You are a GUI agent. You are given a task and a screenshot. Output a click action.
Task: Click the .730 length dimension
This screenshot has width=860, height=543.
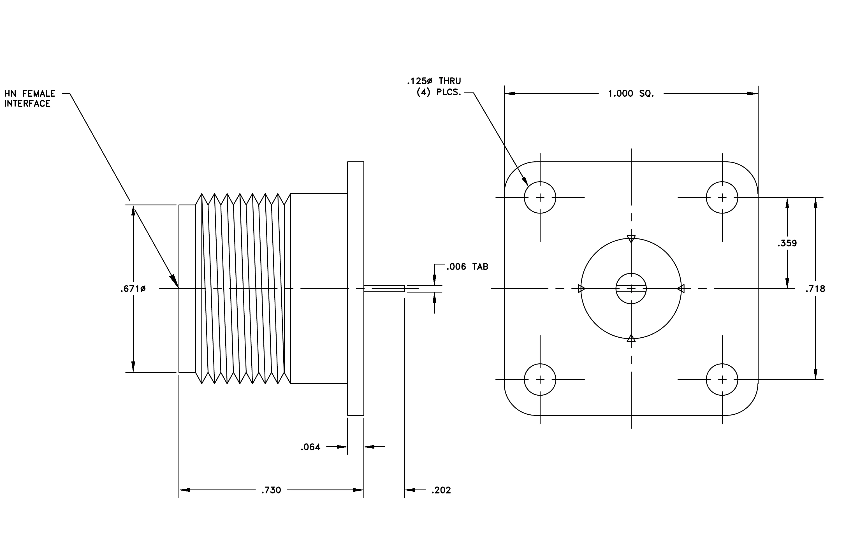coord(271,490)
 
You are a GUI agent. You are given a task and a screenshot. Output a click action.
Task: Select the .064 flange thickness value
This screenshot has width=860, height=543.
coord(310,447)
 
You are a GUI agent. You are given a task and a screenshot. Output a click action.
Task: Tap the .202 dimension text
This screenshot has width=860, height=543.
coord(441,490)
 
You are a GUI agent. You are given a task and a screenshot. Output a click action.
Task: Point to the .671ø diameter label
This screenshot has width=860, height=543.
coord(133,289)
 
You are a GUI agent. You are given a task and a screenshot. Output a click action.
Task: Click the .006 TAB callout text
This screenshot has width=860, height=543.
coord(467,267)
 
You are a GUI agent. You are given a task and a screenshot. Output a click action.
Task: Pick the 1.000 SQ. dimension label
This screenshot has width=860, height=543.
coord(631,94)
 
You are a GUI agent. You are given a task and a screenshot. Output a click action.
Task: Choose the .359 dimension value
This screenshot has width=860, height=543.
coord(787,243)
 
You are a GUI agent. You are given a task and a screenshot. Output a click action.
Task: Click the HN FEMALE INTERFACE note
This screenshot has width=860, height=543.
coord(30,99)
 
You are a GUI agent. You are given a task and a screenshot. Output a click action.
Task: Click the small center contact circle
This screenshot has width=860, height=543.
coord(631,273)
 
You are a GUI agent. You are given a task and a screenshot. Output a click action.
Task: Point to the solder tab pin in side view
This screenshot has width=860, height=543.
coord(384,289)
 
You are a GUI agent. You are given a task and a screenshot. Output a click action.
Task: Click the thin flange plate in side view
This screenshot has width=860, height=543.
coord(356,289)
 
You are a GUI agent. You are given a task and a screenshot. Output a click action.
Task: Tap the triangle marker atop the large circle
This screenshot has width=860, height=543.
coord(631,239)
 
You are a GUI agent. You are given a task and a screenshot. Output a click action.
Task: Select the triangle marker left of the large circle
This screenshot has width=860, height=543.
coord(581,289)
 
